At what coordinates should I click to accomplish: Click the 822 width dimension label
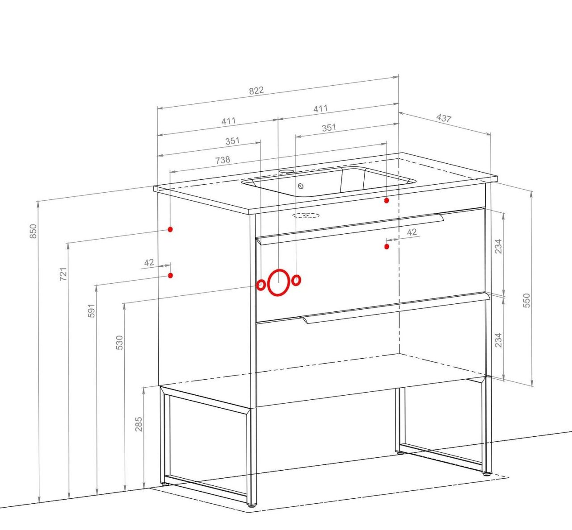[x=257, y=90]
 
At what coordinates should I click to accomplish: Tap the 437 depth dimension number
[x=444, y=118]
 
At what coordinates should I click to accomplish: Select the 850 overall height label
[x=34, y=231]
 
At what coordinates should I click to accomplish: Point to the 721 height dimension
[x=63, y=274]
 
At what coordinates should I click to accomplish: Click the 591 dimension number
[x=91, y=311]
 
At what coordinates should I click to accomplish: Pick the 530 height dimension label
[x=119, y=343]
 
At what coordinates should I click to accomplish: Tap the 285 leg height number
[x=139, y=424]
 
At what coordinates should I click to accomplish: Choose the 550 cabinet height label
[x=526, y=301]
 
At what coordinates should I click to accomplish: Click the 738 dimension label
[x=223, y=160]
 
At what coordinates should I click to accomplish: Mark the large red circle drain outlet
[x=278, y=282]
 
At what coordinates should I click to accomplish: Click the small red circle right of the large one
[x=296, y=280]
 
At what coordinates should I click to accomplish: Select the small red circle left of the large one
[x=261, y=285]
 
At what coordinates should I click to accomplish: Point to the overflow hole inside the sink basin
[x=301, y=186]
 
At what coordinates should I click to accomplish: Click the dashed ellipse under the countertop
[x=306, y=215]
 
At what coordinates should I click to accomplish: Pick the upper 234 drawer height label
[x=499, y=246]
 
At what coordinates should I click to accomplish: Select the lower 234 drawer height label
[x=499, y=340]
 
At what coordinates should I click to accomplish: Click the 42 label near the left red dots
[x=149, y=263]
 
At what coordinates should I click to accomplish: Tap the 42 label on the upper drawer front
[x=412, y=232]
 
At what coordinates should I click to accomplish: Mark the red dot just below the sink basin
[x=387, y=200]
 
